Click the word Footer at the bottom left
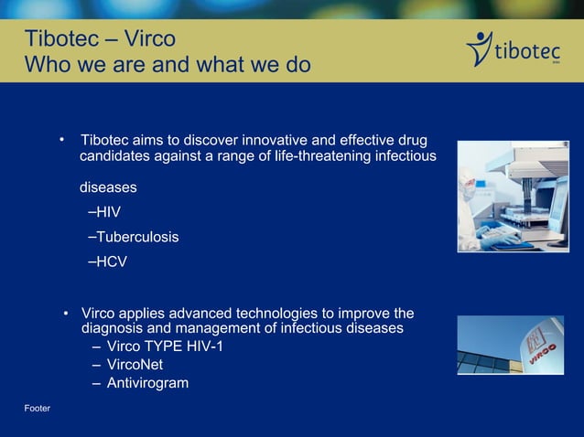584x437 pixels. (x=38, y=407)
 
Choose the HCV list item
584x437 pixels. (x=107, y=261)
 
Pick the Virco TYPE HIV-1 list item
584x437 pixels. (x=164, y=346)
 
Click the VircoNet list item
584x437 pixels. (x=135, y=365)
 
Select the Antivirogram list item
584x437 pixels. (x=147, y=383)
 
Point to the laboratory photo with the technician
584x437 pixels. (x=513, y=196)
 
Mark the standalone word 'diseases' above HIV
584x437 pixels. (x=108, y=187)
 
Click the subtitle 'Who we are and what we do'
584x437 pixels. (x=167, y=66)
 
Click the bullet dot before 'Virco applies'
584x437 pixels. (x=67, y=314)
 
